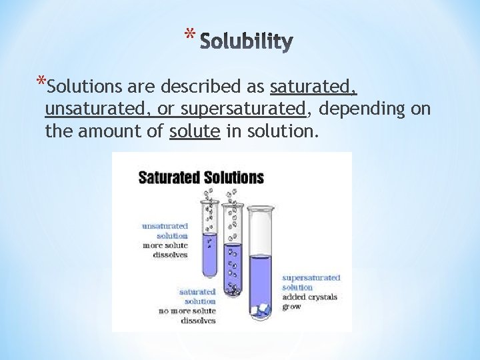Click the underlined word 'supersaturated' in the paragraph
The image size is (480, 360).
coord(243,108)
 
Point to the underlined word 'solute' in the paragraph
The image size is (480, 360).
coord(195,131)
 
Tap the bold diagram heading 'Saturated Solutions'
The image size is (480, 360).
coord(201,178)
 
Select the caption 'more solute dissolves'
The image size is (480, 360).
coord(166,249)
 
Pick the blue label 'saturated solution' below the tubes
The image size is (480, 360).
coord(198,296)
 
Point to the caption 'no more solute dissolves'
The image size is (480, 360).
coord(187,315)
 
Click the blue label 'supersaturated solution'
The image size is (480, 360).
coord(311,282)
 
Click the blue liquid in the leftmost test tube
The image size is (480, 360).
coord(210,257)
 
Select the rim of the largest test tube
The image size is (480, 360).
coord(260,209)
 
